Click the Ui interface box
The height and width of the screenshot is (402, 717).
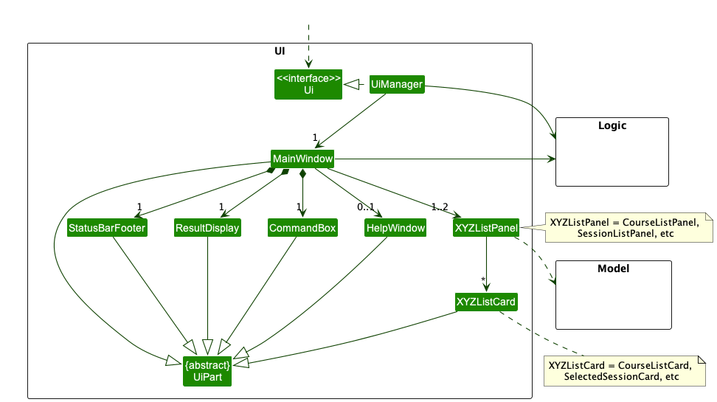point(308,84)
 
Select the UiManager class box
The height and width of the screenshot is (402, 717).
point(397,84)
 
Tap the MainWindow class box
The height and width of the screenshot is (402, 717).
point(302,159)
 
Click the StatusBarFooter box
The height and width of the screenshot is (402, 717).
point(106,228)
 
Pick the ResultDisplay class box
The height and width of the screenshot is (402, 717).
point(207,228)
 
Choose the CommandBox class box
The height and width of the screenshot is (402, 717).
point(302,228)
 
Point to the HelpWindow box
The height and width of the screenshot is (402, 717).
point(395,228)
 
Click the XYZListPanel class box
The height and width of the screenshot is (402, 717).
point(486,228)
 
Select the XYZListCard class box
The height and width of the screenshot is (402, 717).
point(486,302)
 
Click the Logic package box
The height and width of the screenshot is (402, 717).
point(612,150)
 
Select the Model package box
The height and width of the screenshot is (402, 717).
point(613,294)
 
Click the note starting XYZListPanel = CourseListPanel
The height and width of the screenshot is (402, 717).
point(628,227)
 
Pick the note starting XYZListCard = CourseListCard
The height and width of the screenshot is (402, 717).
point(625,371)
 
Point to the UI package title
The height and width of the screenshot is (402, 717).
point(280,51)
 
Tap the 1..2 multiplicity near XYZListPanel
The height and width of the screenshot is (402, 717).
point(440,207)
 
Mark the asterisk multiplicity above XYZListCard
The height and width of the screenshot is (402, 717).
point(482,279)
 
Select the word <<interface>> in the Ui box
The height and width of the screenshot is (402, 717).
point(308,77)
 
